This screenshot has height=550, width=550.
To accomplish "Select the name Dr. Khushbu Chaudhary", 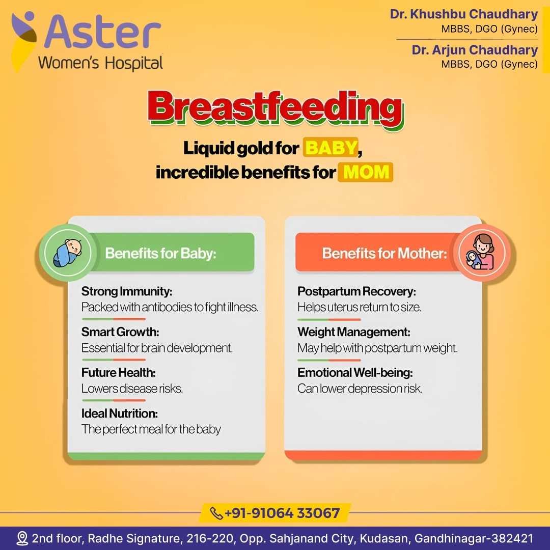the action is click(464, 14).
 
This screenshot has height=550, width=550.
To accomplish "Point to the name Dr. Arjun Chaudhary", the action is click(475, 50).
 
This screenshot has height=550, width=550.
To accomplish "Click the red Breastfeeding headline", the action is click(276, 108).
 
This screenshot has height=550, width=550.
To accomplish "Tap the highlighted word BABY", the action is click(331, 147).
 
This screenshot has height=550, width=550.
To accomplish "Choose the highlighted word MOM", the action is click(366, 172).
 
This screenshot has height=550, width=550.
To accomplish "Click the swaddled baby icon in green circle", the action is click(67, 253).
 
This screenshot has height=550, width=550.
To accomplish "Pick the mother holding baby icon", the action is click(482, 253).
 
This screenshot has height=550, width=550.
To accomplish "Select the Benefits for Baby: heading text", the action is click(160, 253).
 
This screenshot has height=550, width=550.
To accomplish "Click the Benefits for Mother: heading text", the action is click(384, 253).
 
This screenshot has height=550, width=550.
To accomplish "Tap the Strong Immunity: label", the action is click(127, 291).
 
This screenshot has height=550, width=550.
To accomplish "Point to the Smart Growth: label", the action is click(120, 332).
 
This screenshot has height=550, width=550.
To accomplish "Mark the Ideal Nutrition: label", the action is click(119, 413).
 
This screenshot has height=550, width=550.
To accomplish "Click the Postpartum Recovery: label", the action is click(356, 291).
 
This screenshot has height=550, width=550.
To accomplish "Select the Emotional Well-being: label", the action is click(355, 372).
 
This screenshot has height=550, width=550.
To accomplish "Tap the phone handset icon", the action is click(216, 513).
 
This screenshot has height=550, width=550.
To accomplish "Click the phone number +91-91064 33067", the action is click(282, 513).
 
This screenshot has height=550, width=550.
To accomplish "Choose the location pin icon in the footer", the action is click(22, 538).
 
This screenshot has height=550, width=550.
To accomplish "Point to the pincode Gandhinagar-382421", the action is click(474, 538).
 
